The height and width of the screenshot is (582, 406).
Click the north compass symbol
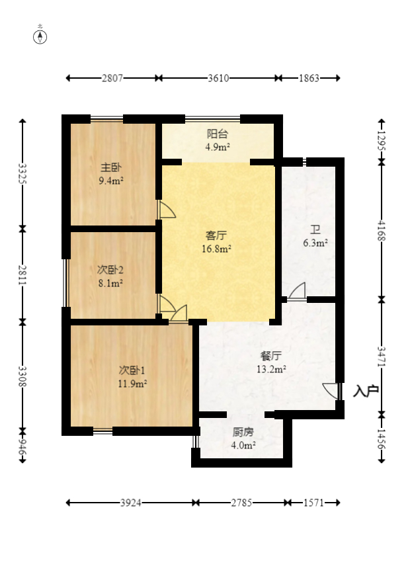(x=40, y=36)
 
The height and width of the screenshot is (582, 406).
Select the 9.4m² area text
(x=110, y=180)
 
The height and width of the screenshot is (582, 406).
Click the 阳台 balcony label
(x=218, y=134)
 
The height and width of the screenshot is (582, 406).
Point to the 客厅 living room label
(x=217, y=235)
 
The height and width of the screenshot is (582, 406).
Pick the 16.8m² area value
(x=218, y=249)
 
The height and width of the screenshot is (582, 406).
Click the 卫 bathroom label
(x=315, y=229)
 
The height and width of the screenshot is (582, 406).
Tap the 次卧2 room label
(x=110, y=270)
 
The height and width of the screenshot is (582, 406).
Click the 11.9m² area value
(x=132, y=382)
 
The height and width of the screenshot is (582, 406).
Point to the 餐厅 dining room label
(x=271, y=356)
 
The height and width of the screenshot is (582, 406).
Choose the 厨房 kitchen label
(x=243, y=433)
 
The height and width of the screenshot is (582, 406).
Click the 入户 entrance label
(x=366, y=392)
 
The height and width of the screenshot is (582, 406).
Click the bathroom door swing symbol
(x=297, y=290)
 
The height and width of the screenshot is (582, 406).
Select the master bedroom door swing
(x=167, y=210)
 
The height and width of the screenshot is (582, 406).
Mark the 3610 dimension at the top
(x=218, y=78)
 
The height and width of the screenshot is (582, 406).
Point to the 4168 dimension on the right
(x=382, y=231)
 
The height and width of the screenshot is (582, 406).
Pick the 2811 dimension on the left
(x=23, y=274)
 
